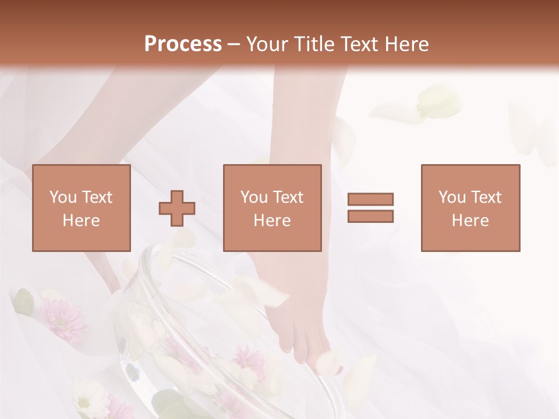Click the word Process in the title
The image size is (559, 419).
point(183,44)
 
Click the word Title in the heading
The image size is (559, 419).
point(312,44)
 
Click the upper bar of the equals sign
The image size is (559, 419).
point(370,199)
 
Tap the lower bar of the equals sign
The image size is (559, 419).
point(370,216)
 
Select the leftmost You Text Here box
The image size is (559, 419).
point(81,208)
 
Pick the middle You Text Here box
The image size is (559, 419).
point(272,208)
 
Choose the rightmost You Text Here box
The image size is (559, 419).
point(470,208)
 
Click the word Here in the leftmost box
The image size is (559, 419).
point(81,221)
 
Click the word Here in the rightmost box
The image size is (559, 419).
point(470,221)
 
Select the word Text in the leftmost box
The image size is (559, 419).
point(97,197)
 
